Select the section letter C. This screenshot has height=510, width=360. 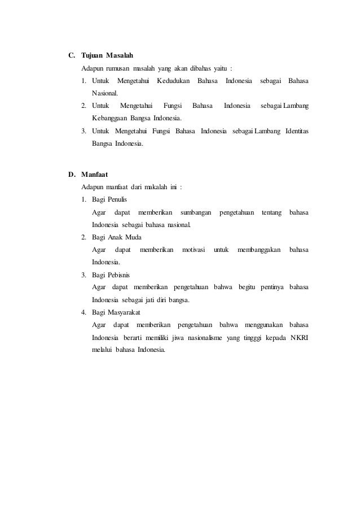tap(71, 56)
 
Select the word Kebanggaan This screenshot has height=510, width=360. tap(109, 119)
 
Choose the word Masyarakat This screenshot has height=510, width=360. tap(128, 312)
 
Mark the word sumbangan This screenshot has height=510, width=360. tap(196, 212)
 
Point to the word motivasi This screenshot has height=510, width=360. tap(194, 250)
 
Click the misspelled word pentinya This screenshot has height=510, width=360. tap(271, 287)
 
